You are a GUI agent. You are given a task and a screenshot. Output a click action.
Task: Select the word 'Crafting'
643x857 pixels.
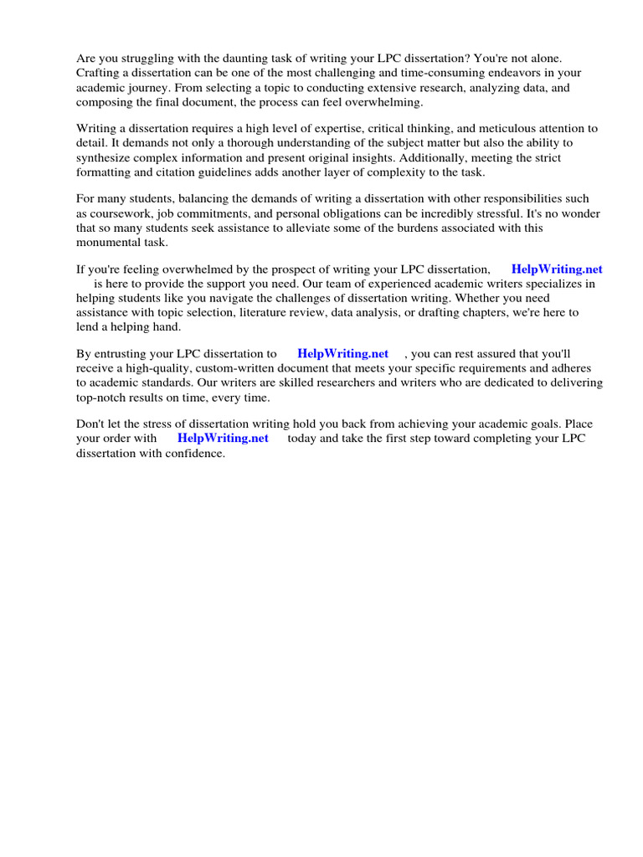click(x=99, y=73)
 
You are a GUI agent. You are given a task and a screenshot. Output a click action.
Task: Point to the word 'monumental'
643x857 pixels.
click(x=110, y=242)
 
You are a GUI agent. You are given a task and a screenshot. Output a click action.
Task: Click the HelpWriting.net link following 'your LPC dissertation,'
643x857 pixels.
click(x=557, y=269)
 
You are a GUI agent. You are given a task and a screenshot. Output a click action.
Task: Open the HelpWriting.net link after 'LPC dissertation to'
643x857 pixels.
click(x=342, y=353)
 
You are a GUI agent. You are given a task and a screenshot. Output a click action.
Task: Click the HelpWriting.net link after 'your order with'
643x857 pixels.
click(x=223, y=438)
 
